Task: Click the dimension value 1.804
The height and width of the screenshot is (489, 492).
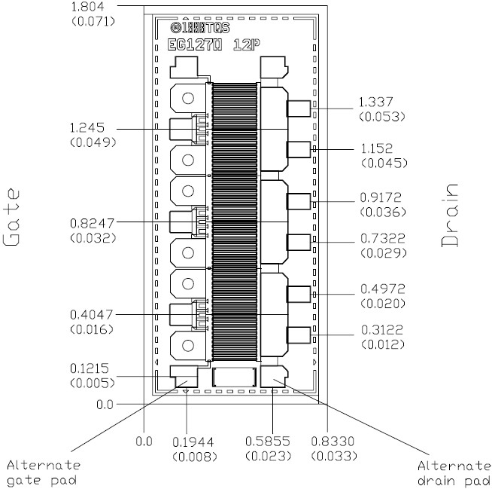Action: tap(87, 7)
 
